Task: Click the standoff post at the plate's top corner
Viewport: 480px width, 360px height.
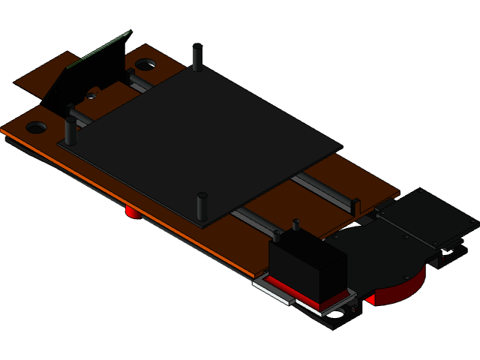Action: click(197, 58)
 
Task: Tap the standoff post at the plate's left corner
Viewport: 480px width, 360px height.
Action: click(70, 131)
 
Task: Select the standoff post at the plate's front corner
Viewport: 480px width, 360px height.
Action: click(202, 206)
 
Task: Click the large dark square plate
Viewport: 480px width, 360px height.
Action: click(202, 135)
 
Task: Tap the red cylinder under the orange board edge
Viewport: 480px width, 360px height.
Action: click(133, 212)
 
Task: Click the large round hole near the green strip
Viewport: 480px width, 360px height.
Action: click(145, 64)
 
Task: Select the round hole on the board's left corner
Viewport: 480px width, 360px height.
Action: click(37, 127)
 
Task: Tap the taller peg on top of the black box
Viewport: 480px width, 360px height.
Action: click(296, 224)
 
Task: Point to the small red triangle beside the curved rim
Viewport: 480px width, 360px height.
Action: click(370, 300)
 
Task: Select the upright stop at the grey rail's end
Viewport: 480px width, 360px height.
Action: click(355, 205)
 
